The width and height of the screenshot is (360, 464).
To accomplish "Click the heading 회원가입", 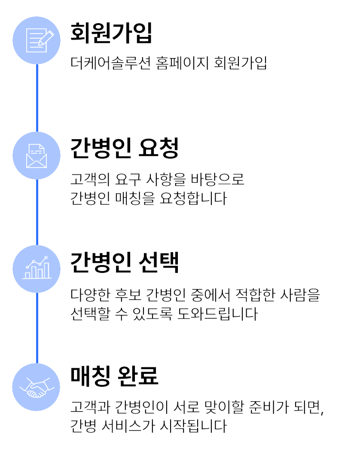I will (111, 33).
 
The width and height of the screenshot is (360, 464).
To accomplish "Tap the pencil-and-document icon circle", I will (37, 40).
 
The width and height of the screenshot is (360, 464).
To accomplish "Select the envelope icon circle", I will (37, 156).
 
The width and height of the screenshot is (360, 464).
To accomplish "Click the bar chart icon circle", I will (37, 269).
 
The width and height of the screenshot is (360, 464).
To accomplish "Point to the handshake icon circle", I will (37, 387).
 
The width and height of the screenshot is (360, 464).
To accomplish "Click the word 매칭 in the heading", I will (89, 375).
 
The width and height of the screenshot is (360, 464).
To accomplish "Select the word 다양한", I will (89, 295).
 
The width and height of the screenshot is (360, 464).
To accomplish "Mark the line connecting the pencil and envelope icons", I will (37, 98).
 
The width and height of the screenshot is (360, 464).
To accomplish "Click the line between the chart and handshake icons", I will (37, 327).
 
